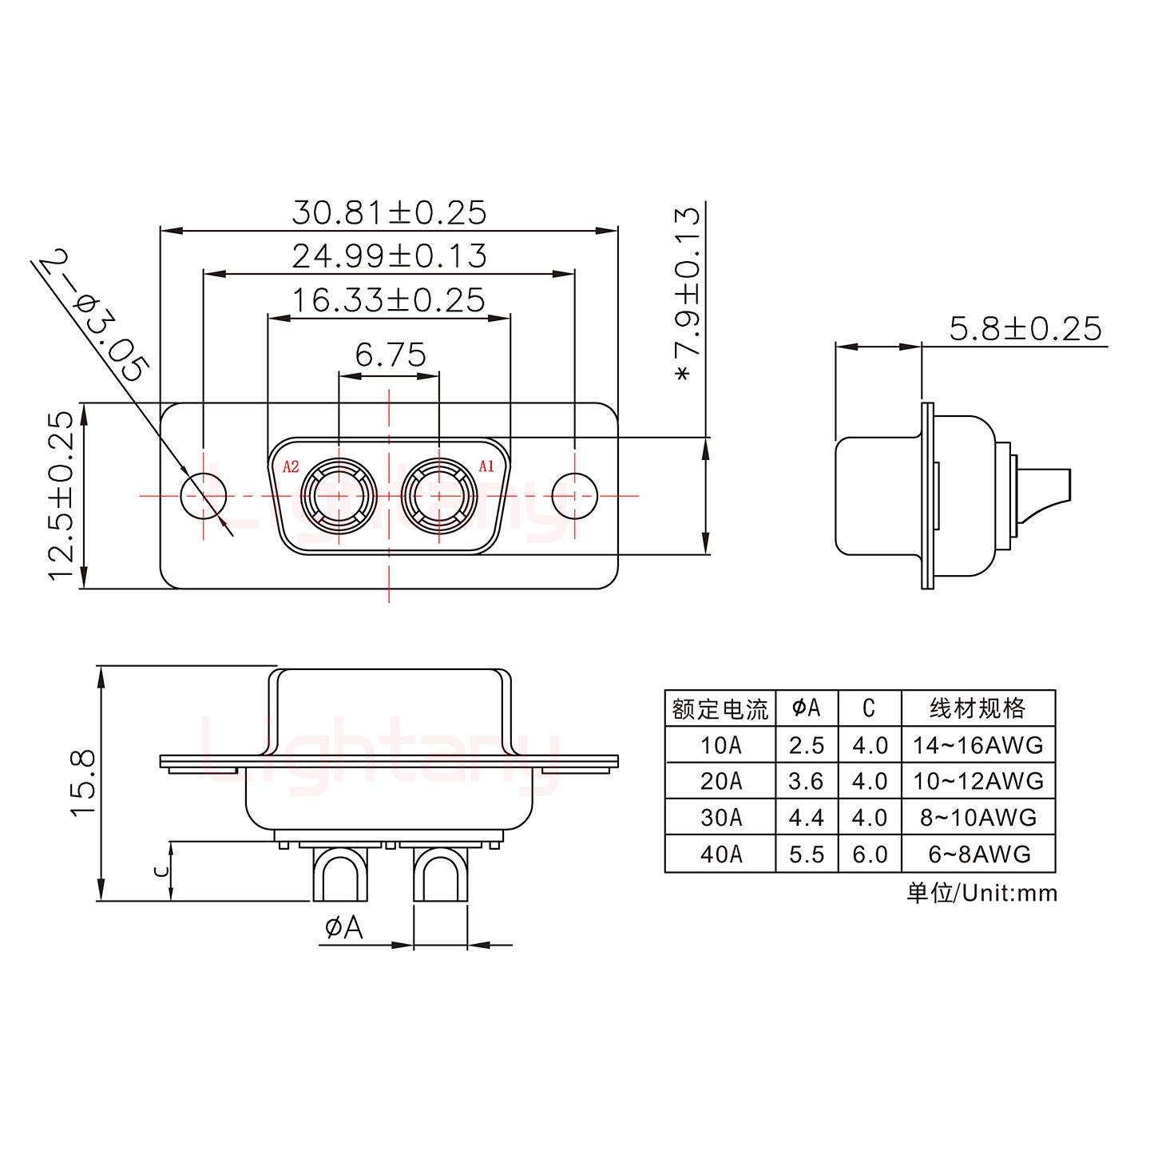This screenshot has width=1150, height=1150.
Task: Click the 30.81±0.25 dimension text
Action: point(389,213)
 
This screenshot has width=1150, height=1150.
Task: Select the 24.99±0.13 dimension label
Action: point(389,256)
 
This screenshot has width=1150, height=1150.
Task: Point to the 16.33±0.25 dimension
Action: point(388,300)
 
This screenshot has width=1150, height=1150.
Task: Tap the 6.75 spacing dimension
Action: point(391,355)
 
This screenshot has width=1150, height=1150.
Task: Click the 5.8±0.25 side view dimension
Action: point(1025,329)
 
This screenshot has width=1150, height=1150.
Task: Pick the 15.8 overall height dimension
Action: point(84,782)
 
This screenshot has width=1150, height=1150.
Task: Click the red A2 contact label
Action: point(291,466)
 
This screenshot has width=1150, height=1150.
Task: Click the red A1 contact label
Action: point(486,466)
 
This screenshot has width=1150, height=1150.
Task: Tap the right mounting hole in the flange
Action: point(575,496)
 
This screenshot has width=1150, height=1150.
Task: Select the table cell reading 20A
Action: point(720,781)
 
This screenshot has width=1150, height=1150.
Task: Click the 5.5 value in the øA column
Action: point(806,855)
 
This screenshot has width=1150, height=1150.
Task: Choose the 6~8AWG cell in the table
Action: point(979,855)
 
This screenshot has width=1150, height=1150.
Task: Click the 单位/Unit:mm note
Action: point(981,893)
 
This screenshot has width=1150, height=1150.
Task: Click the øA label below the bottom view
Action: point(344,928)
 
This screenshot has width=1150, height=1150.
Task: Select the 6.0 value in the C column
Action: point(870,855)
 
